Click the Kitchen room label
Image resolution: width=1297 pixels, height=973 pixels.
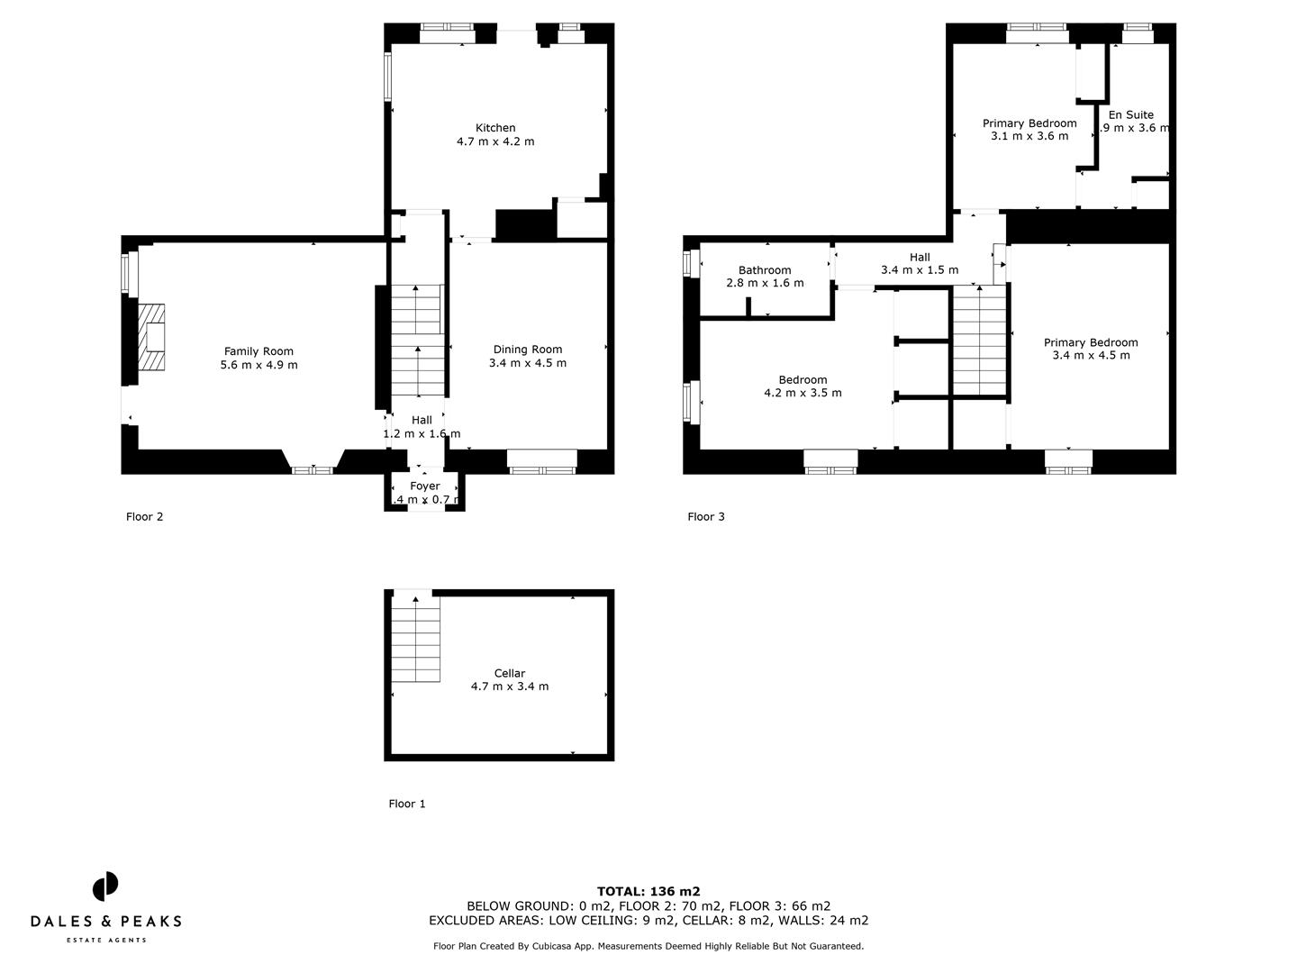[x=495, y=128]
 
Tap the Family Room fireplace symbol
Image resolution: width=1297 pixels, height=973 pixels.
[x=152, y=337]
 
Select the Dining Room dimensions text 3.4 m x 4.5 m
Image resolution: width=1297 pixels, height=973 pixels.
[x=527, y=363]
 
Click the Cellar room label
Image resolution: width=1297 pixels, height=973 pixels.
[x=509, y=673]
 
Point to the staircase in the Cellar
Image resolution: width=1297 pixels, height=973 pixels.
[x=415, y=640]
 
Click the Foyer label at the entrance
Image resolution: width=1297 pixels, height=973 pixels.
[x=425, y=486]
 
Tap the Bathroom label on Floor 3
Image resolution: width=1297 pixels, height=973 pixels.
[x=765, y=270]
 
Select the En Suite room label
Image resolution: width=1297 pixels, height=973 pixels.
[x=1130, y=114]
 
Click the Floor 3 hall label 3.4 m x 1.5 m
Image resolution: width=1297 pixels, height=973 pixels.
[x=919, y=263]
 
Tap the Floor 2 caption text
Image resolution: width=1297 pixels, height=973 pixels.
[x=144, y=517]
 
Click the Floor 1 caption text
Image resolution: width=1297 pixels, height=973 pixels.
[x=407, y=804]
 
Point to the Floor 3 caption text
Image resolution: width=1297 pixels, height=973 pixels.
[x=706, y=517]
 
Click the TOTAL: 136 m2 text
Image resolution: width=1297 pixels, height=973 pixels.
[x=648, y=891]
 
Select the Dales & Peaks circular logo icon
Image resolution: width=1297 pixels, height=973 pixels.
[x=105, y=886]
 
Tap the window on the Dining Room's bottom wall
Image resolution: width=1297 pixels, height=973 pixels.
[x=541, y=461]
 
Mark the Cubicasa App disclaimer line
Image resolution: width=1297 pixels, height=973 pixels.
[x=648, y=946]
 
